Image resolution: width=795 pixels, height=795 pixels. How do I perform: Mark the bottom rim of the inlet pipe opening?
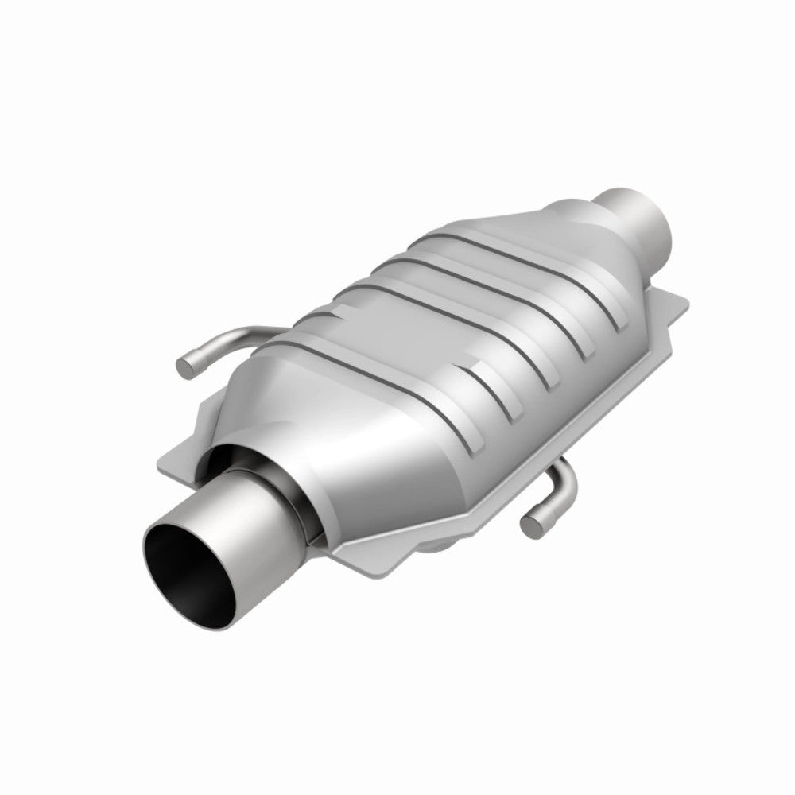coord(199,616)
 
